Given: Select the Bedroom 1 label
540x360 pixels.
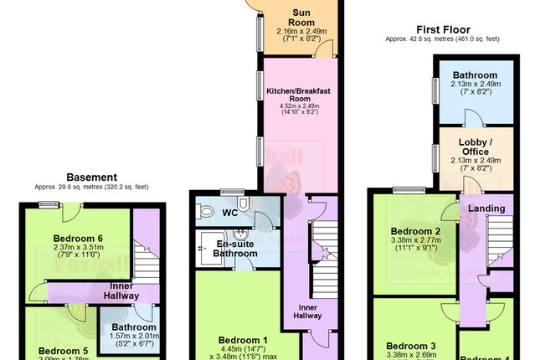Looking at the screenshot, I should point(243,340).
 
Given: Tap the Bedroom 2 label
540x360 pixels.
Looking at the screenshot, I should point(414,232).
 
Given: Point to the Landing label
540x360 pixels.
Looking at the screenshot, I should point(486,209).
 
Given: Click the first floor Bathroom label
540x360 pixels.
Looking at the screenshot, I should point(464,75).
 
